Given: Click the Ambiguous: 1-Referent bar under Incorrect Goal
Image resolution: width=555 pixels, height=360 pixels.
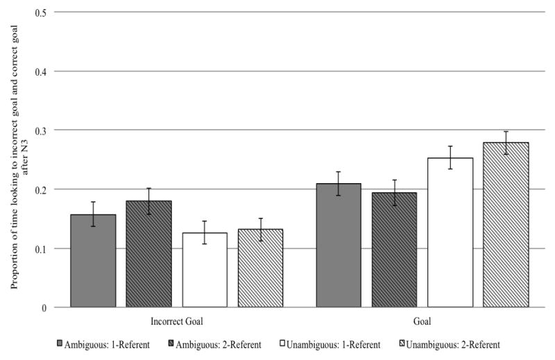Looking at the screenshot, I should [93, 261].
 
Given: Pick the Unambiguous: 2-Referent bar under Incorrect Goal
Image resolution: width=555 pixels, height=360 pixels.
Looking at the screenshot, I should [260, 268].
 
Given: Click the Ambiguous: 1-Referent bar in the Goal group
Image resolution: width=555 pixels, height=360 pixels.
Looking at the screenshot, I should [339, 246].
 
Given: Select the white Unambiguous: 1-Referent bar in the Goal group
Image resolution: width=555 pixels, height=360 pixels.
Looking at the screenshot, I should [450, 232].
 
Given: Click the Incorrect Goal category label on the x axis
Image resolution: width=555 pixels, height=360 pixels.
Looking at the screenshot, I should [176, 323].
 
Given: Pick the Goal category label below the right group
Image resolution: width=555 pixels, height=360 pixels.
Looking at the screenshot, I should [422, 323].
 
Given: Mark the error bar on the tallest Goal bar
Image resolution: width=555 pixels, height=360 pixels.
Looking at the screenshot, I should [506, 142].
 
